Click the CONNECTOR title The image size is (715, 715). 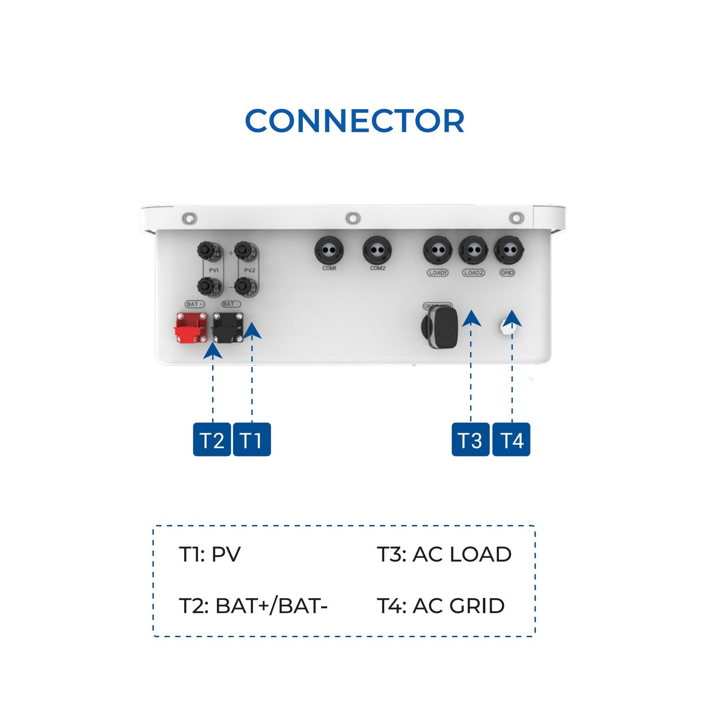(354, 121)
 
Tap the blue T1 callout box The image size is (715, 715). (252, 440)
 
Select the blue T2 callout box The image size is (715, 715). (212, 440)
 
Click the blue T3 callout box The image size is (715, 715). (471, 440)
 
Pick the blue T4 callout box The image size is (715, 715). (511, 440)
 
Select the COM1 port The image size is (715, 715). (329, 251)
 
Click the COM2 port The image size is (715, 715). (377, 251)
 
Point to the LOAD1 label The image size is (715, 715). (438, 273)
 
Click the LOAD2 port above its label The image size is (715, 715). (473, 251)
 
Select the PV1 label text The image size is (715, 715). (214, 271)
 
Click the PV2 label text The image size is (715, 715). (250, 271)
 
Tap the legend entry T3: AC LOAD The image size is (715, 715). (444, 555)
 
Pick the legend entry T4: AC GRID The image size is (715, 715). (441, 606)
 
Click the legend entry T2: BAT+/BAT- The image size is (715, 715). (253, 606)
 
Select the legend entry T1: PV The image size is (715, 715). (210, 555)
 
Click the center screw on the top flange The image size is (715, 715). (353, 218)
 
